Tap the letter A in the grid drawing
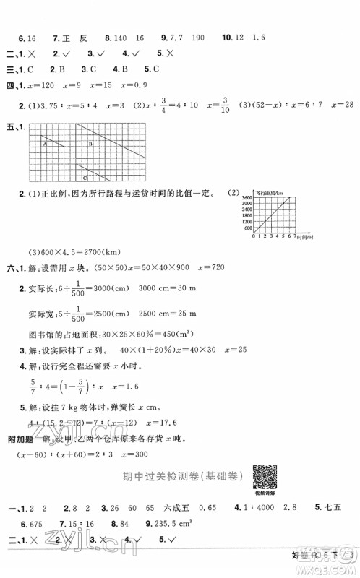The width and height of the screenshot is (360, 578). (x=45, y=144)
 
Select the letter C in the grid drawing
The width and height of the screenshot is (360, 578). (x=85, y=176)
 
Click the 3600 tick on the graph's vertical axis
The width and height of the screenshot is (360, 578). (x=247, y=197)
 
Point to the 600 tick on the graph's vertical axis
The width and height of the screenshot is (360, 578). (x=248, y=228)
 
